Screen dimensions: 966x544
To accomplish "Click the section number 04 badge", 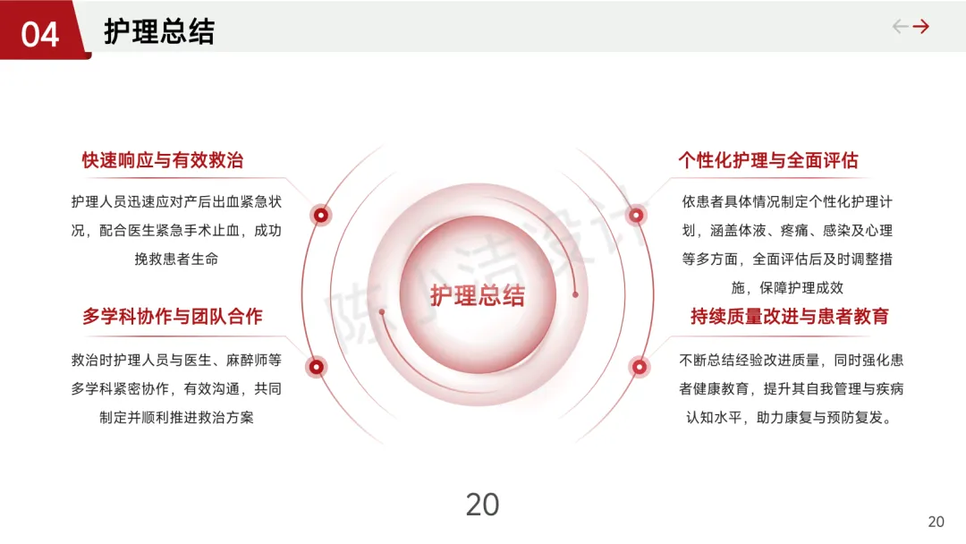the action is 40,34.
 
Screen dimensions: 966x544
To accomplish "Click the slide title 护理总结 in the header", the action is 159,31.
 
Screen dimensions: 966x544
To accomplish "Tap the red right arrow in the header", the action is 921,27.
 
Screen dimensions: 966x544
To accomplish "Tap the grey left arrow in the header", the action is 901,27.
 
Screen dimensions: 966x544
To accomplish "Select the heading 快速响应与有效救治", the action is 163,160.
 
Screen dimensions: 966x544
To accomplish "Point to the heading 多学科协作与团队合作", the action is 173,316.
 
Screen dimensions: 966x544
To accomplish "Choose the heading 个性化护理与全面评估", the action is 768,160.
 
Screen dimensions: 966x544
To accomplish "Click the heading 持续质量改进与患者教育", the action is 790,316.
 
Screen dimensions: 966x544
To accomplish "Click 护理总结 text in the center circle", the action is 478,295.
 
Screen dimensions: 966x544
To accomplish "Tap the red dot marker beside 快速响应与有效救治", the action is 320,215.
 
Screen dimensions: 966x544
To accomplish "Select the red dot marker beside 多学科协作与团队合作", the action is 316,366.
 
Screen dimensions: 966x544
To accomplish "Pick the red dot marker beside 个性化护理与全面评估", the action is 636,215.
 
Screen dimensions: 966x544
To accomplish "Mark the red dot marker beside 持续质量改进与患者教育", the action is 640,366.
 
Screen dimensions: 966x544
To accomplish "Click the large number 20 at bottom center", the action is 482,505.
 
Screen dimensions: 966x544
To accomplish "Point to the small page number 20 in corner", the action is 936,522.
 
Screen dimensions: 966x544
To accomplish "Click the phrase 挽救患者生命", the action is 176,259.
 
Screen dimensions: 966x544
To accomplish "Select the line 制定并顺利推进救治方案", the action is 176,417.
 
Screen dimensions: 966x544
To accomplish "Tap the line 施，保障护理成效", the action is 787,288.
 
